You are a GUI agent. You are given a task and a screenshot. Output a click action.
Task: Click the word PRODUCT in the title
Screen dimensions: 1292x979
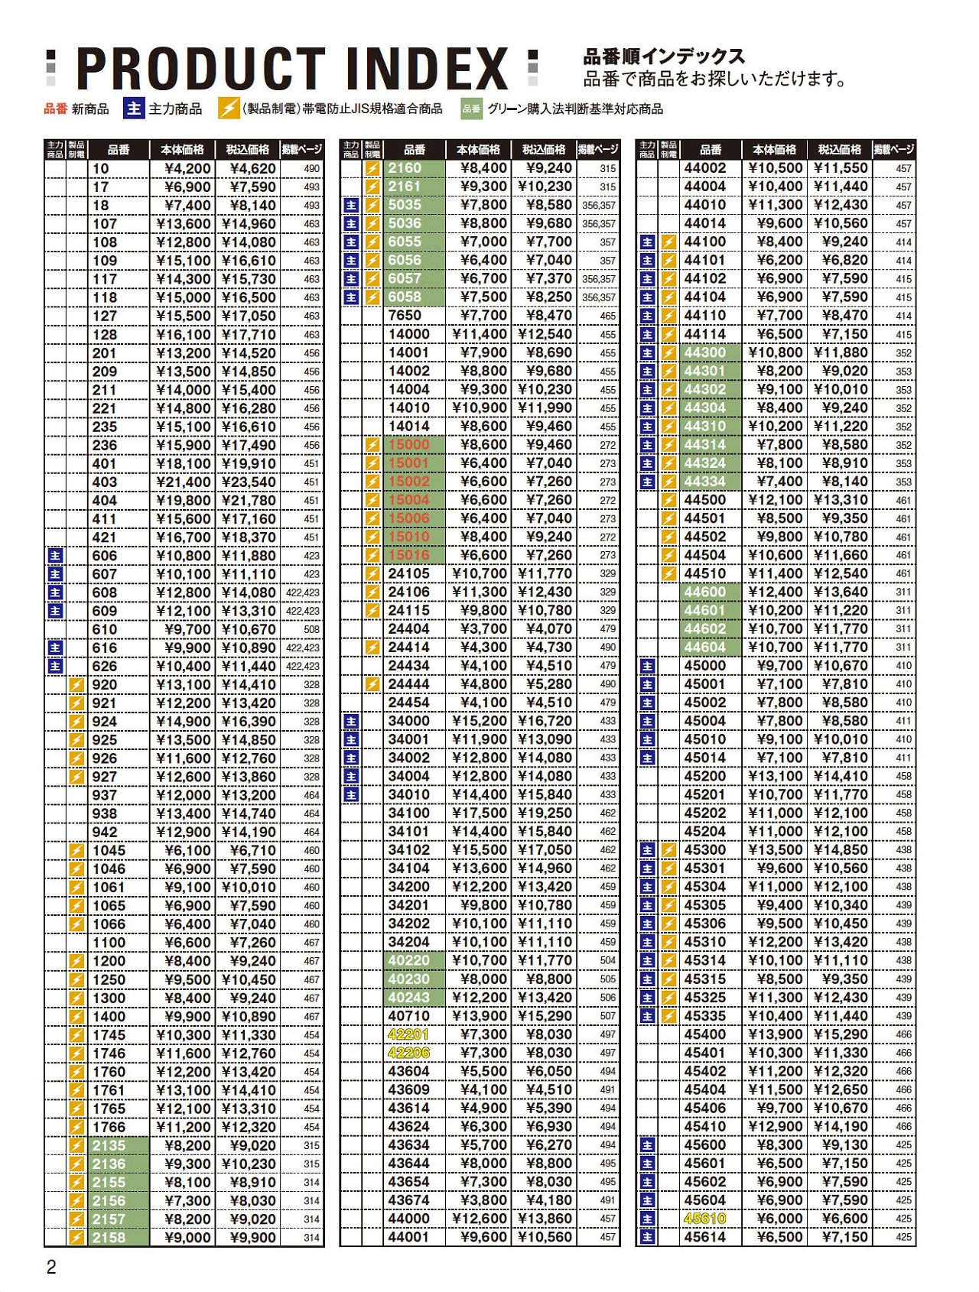point(200,69)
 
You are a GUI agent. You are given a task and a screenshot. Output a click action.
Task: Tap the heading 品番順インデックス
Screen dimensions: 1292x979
point(664,57)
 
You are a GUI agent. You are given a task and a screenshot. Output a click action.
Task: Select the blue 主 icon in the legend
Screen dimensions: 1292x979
point(134,109)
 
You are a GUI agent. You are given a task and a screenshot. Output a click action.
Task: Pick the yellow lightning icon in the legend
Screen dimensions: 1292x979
point(228,109)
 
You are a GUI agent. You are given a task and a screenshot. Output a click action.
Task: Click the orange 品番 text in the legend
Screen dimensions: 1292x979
point(56,109)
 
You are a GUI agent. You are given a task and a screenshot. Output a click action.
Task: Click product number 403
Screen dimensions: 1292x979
point(105,482)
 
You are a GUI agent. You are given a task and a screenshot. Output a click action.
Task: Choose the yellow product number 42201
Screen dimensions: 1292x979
point(408,1034)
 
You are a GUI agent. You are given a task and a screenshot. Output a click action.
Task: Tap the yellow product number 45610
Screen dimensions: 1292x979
point(704,1219)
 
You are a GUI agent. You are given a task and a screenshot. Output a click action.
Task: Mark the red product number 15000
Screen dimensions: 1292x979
point(408,444)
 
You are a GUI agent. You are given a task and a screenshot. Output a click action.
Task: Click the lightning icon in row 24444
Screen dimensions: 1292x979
point(372,684)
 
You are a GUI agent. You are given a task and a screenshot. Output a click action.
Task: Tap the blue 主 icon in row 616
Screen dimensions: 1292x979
point(55,648)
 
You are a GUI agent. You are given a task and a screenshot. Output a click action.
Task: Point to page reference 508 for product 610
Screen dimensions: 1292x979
point(311,629)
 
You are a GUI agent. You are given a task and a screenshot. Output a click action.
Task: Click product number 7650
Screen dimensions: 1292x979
point(405,315)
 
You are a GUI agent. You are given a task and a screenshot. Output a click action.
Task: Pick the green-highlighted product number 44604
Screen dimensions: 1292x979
point(704,647)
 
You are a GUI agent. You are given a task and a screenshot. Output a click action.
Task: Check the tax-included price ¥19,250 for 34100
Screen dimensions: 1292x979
point(545,813)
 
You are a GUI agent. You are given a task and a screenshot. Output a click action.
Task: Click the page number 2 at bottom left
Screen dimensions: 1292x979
point(51,1268)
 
